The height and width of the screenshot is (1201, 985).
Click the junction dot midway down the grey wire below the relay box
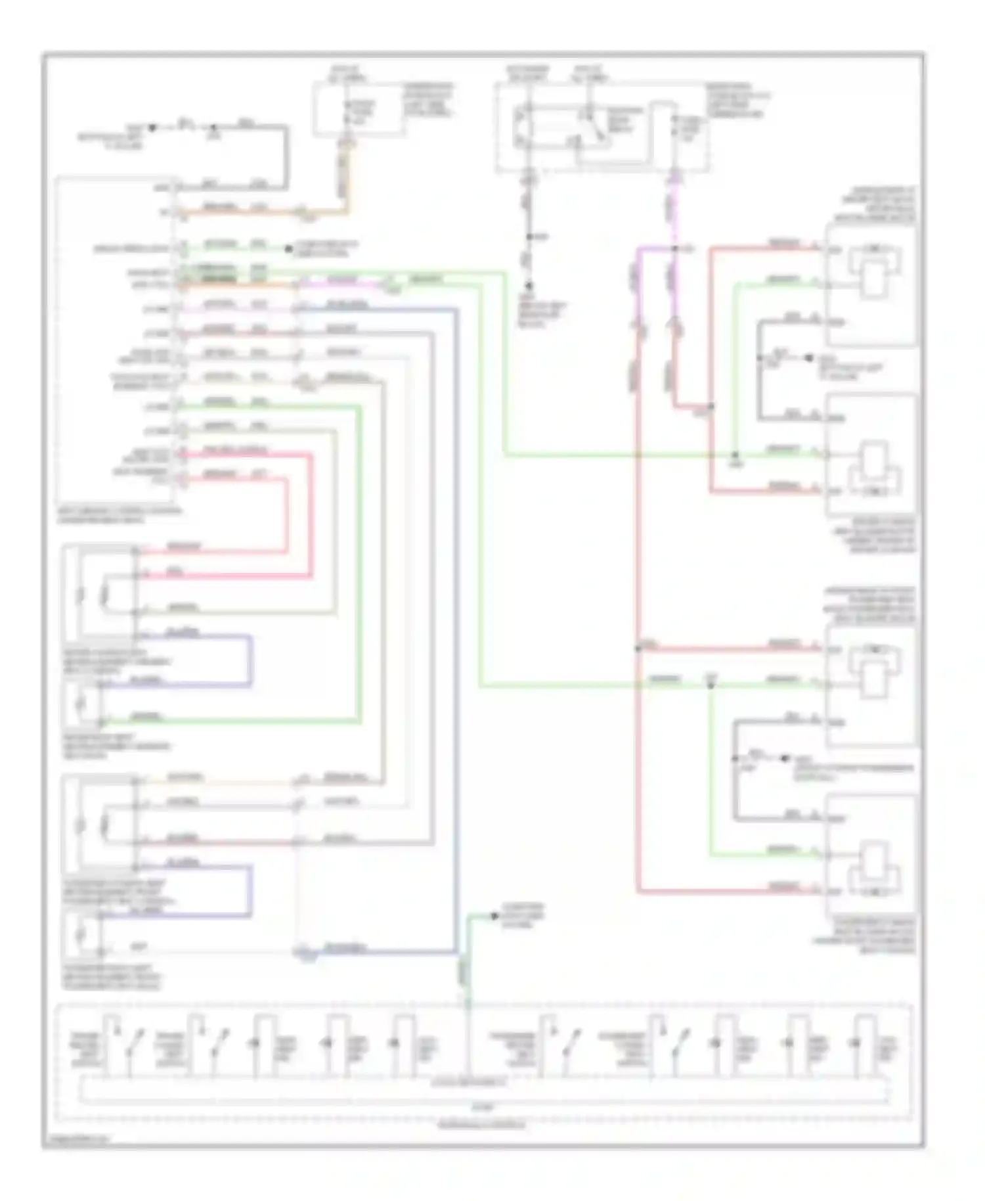tap(530, 236)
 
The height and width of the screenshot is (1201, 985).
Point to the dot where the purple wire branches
tap(675, 249)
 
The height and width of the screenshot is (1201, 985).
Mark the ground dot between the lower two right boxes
tap(783, 758)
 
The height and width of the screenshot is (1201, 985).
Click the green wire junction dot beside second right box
tap(735, 455)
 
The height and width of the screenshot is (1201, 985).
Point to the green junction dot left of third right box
tap(710, 685)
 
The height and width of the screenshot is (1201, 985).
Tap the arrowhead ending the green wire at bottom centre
tap(495, 915)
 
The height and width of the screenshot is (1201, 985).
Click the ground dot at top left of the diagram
tap(152, 127)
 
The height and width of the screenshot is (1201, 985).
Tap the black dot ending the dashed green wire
tap(287, 249)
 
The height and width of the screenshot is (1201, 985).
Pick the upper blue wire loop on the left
tap(250, 660)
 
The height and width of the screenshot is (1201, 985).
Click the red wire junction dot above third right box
tap(637, 649)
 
